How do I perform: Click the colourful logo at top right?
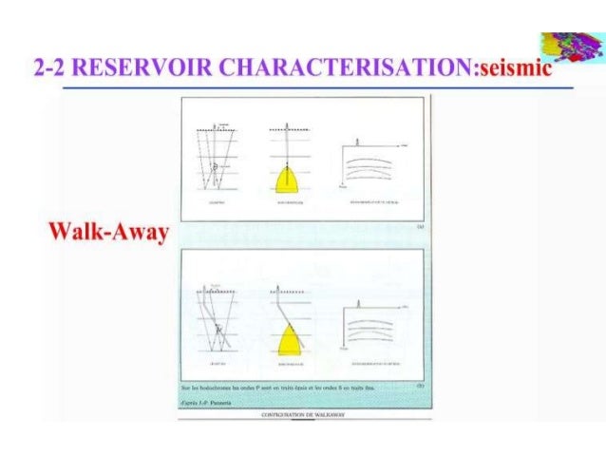pos(565,47)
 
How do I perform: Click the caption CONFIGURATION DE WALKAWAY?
pos(302,414)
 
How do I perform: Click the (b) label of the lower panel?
pos(418,387)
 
